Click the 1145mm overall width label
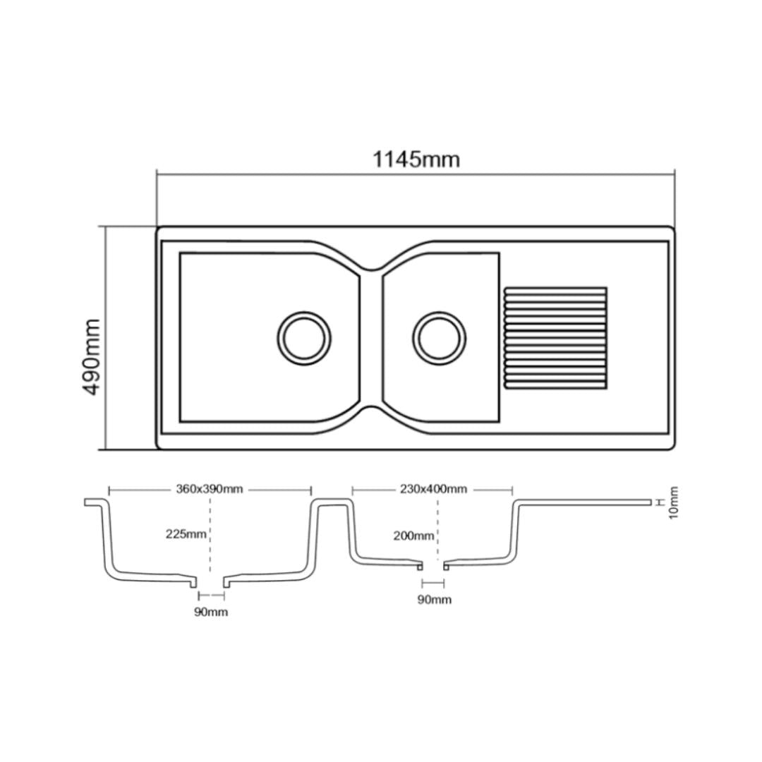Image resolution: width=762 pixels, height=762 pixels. pos(416,159)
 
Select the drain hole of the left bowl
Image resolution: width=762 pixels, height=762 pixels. pos(304,337)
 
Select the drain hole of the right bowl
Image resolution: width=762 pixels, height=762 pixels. pos(439,337)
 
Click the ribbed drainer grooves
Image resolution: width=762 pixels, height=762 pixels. pos(555,337)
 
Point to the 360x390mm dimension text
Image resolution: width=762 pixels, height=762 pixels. pos(209,489)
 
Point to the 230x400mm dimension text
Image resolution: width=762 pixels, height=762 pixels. pos(433,489)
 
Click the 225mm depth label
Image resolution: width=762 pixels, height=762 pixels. pos(186,534)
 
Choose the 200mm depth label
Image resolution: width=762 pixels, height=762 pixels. pos(413,536)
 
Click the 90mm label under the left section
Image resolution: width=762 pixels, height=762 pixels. pos(211,612)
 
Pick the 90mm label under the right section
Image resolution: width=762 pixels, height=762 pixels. pos(434,600)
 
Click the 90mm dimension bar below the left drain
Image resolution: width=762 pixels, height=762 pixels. pos(211,597)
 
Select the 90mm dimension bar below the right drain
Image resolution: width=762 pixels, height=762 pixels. pos(433,583)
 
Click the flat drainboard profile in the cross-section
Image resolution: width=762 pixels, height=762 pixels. pos(586,502)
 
